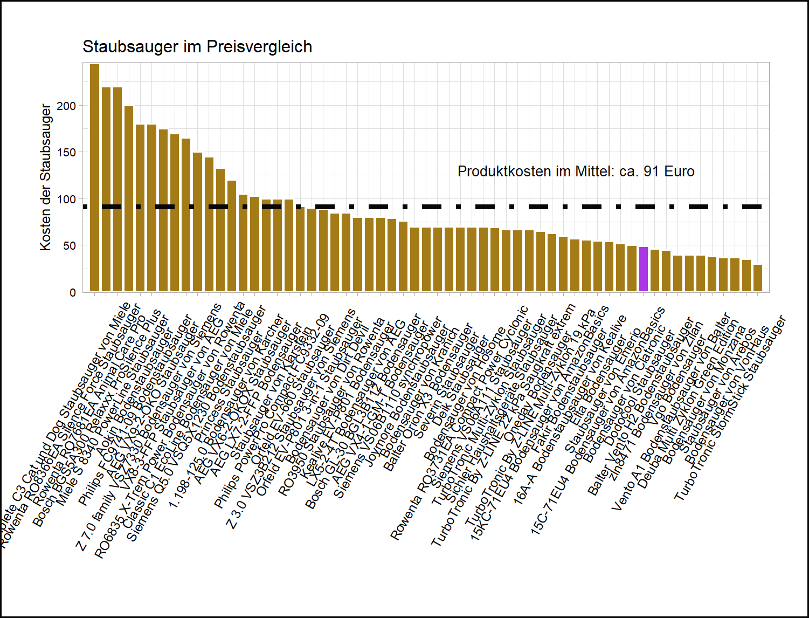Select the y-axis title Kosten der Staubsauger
46,177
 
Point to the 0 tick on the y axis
73,292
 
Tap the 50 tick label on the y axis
70,246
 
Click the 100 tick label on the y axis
67,200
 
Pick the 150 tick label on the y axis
67,153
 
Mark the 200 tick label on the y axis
67,106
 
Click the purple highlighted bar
643,270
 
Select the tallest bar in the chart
94,178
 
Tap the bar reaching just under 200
129,200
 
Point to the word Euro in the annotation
679,171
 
